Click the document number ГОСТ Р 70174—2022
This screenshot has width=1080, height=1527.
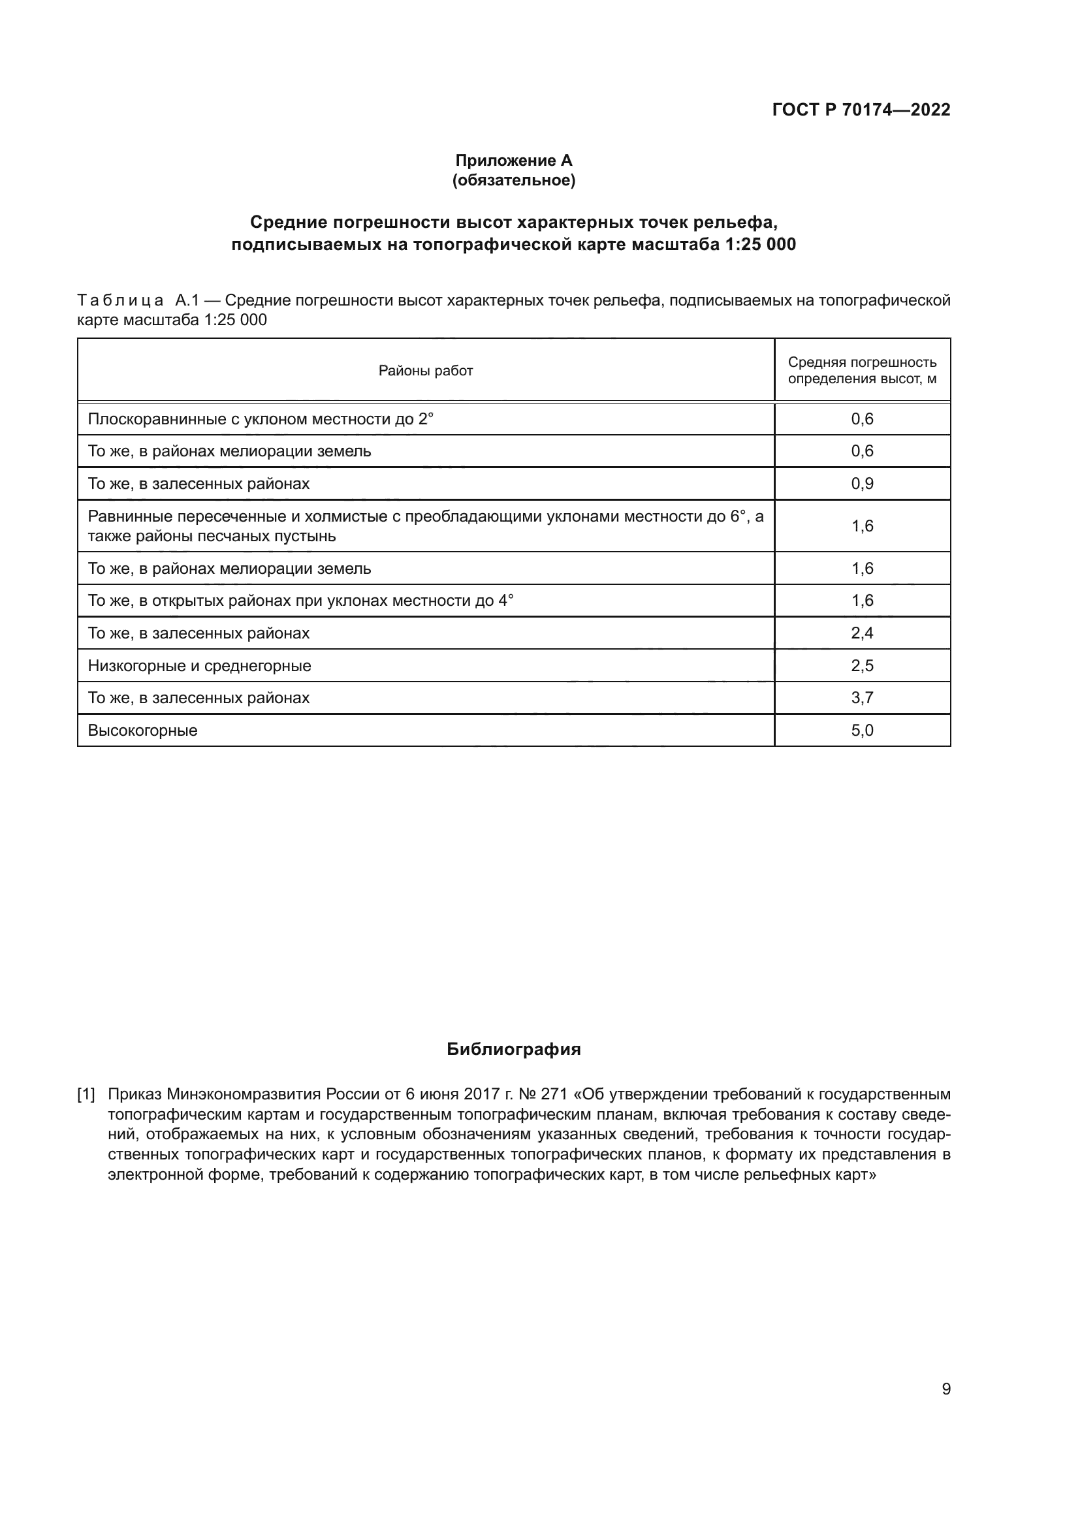(x=861, y=110)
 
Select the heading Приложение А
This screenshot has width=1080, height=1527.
(x=513, y=161)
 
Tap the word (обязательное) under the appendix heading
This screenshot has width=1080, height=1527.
(x=513, y=180)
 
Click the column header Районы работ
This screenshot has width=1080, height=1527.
(x=426, y=370)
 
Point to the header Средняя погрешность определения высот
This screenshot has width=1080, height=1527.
(x=862, y=370)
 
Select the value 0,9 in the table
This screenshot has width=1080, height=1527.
(x=862, y=484)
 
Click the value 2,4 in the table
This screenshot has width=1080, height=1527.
(x=862, y=633)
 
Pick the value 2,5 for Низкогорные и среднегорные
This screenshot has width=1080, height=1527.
(x=862, y=666)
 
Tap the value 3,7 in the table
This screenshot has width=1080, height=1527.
(x=862, y=698)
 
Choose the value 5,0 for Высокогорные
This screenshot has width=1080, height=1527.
(x=862, y=731)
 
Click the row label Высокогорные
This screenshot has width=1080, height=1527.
(x=142, y=731)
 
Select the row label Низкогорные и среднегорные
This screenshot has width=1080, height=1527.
(x=200, y=666)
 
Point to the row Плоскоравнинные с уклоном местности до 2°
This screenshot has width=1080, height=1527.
(x=260, y=419)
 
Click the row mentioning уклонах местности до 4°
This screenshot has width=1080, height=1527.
(x=300, y=601)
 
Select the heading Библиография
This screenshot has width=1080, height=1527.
(x=513, y=1050)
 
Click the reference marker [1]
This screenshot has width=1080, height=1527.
(x=86, y=1094)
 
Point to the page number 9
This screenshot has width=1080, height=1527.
(x=945, y=1389)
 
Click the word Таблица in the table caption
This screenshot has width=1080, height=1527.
(x=120, y=300)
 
